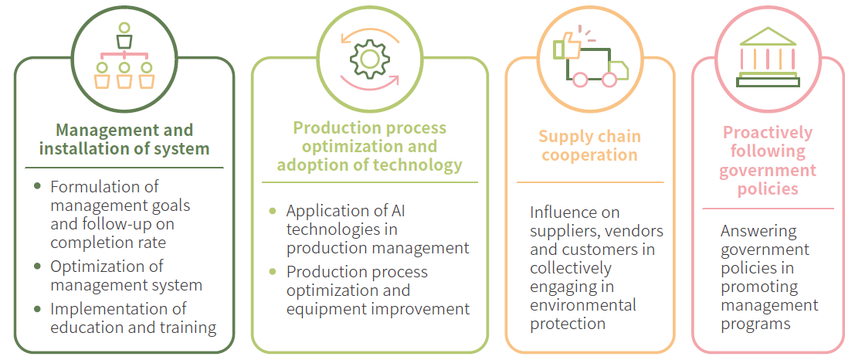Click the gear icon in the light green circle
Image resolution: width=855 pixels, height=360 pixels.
click(x=369, y=59)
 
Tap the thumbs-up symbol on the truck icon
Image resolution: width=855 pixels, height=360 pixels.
click(x=567, y=46)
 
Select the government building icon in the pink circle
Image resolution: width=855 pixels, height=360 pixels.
click(x=768, y=56)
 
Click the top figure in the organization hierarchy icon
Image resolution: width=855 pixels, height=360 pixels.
click(x=124, y=35)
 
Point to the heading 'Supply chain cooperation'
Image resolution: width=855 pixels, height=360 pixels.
click(x=589, y=145)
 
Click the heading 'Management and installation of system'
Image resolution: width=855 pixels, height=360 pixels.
click(x=124, y=139)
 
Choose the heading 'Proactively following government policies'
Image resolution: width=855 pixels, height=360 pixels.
click(x=768, y=161)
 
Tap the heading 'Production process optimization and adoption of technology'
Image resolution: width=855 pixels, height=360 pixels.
click(x=370, y=146)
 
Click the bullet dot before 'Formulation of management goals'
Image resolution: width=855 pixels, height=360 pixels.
click(x=37, y=186)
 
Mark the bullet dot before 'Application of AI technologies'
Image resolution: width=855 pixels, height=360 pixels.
click(x=273, y=211)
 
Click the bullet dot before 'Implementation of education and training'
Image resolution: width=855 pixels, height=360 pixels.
click(x=37, y=309)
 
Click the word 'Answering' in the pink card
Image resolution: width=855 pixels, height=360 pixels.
click(x=758, y=231)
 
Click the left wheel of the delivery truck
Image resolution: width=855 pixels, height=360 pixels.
click(x=581, y=79)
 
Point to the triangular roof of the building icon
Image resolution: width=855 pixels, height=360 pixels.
click(x=768, y=36)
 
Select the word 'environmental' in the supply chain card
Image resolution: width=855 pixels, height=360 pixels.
click(x=583, y=305)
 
